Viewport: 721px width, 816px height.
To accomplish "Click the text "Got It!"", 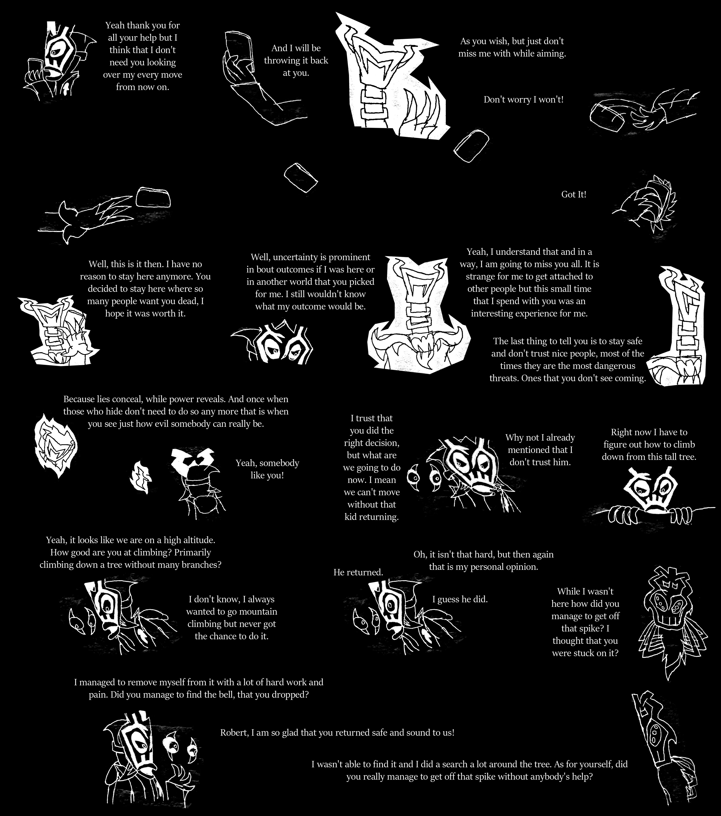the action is (574, 194).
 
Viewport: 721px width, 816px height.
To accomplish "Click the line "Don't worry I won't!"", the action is (523, 99).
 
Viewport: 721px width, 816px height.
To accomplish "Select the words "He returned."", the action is (358, 572).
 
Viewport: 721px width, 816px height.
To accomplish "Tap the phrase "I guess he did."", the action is (460, 599).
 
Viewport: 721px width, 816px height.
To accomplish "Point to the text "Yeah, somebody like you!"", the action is (267, 469).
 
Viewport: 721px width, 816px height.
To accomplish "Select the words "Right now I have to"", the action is (649, 432).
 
